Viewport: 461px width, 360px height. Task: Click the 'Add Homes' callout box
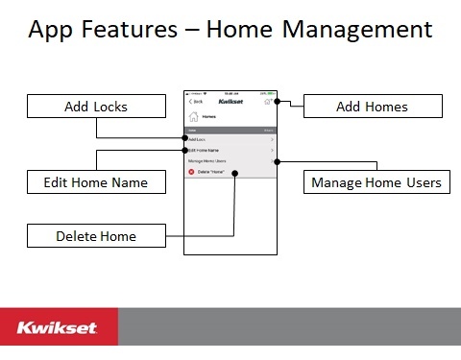pos(372,107)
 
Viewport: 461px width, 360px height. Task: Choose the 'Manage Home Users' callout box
pos(376,180)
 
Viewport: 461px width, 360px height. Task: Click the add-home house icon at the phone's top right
pos(269,100)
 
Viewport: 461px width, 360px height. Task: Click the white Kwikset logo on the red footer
pos(57,328)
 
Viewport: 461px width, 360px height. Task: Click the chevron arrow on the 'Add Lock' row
pos(273,139)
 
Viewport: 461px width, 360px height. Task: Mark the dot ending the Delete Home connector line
pos(234,173)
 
